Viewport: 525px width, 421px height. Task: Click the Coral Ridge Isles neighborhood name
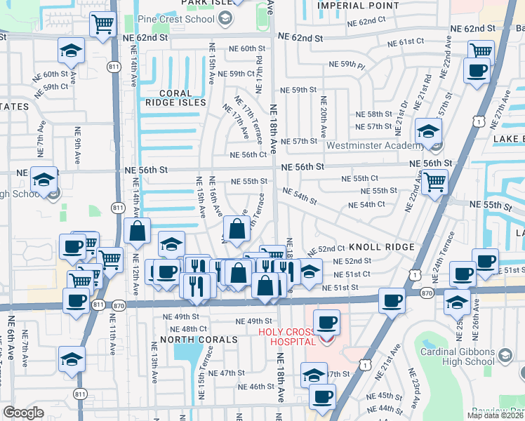pyautogui.click(x=173, y=98)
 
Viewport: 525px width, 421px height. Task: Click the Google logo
pyautogui.click(x=23, y=413)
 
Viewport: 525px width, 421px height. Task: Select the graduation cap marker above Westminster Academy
pyautogui.click(x=427, y=130)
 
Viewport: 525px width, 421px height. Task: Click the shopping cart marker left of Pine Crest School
pyautogui.click(x=102, y=24)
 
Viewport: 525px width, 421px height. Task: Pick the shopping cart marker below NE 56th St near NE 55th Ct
pyautogui.click(x=435, y=182)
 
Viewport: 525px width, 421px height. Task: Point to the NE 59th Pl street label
pyautogui.click(x=348, y=65)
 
